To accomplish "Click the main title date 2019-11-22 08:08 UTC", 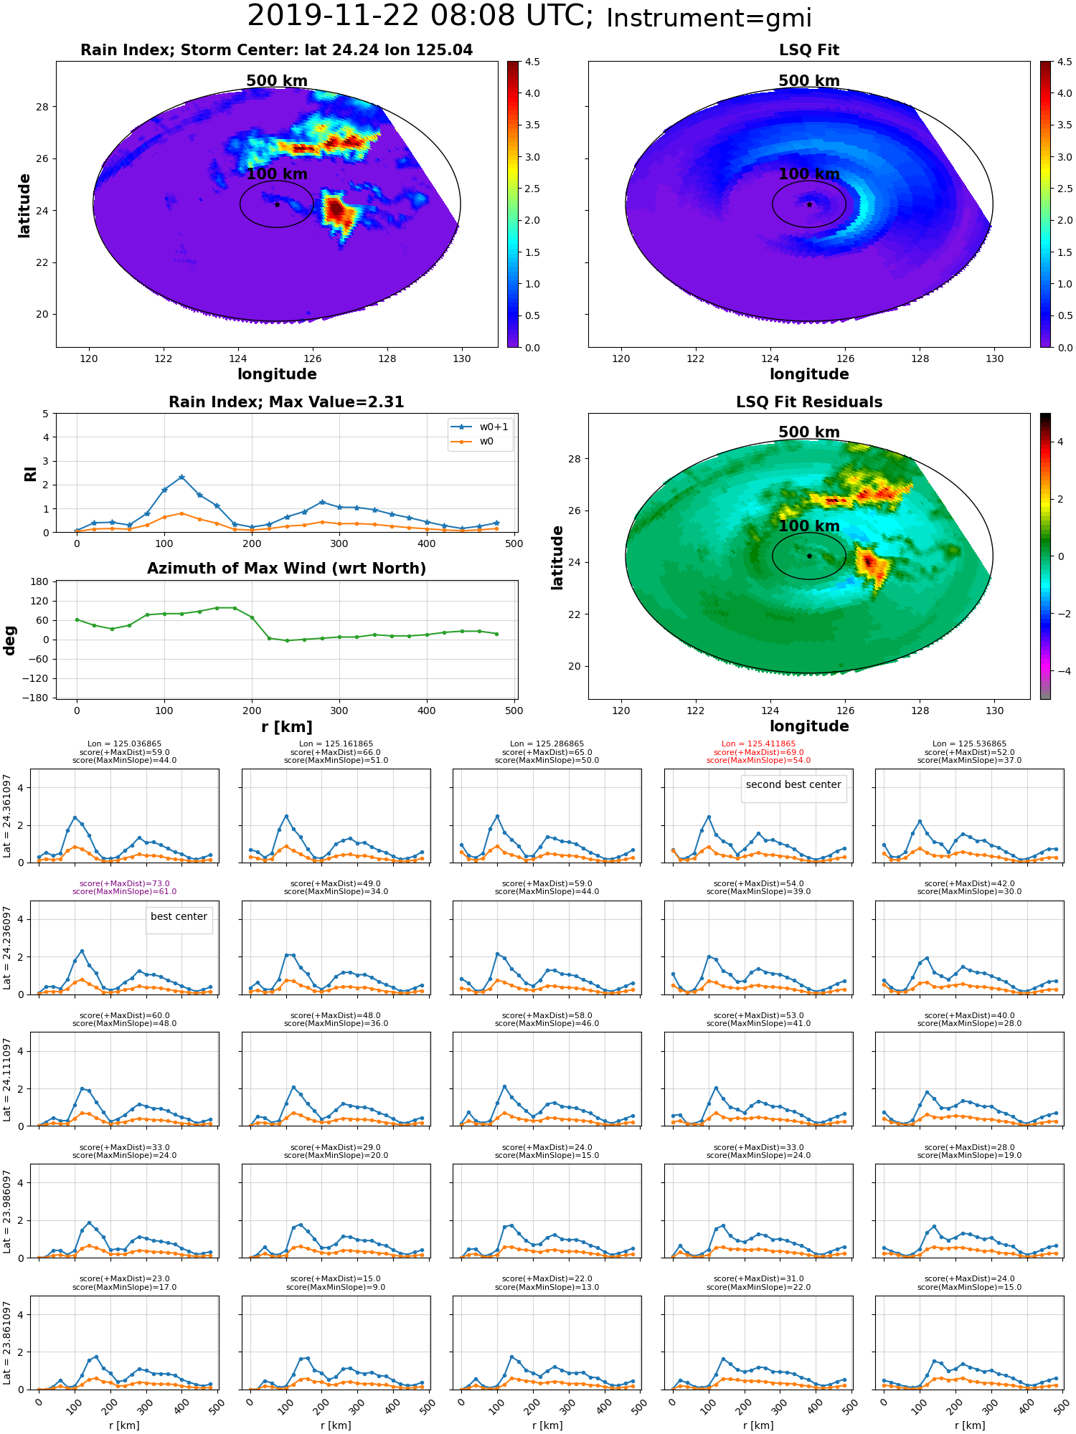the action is coord(420,16).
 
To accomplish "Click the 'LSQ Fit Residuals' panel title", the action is coord(809,402).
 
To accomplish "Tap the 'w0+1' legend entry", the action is coord(480,427).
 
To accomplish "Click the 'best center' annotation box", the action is coord(179,916).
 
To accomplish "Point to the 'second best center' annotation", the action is coord(793,784).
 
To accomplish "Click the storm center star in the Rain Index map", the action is coord(277,204).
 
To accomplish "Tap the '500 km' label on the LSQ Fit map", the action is coord(809,81).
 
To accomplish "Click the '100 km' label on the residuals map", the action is coord(809,526).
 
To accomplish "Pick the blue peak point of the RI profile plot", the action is coord(181,477).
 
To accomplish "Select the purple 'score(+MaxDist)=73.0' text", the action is coord(124,883).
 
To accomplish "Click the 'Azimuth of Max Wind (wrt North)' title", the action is coord(286,569).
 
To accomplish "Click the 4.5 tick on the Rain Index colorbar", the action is coord(532,62).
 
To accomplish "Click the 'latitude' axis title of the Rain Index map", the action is coord(24,205).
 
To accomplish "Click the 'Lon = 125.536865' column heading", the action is coord(969,744).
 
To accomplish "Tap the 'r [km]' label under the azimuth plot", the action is coord(286,727).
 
